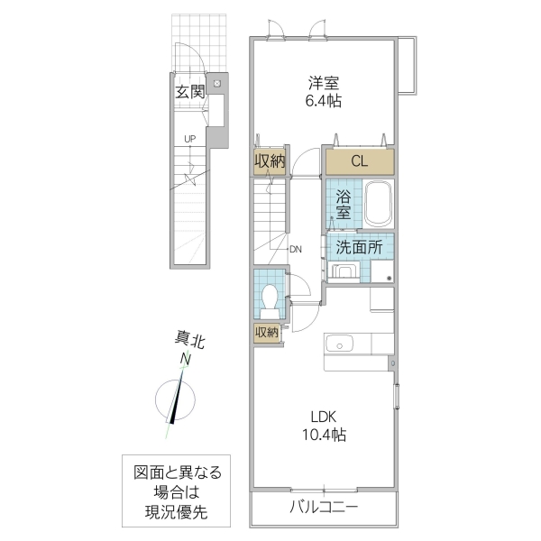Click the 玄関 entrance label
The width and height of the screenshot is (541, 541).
click(x=190, y=91)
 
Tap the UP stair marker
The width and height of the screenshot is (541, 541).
click(x=189, y=138)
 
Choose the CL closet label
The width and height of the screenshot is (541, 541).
click(x=359, y=162)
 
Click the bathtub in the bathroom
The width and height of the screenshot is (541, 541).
click(x=378, y=206)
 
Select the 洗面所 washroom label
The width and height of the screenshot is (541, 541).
click(x=359, y=246)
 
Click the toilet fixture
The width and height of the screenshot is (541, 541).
click(x=268, y=297)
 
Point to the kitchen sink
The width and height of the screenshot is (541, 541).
click(x=341, y=344)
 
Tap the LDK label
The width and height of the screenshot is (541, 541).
click(x=324, y=417)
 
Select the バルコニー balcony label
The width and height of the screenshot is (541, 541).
click(x=324, y=507)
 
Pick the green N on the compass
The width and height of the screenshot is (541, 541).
click(x=185, y=360)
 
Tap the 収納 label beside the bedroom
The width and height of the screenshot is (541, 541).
click(x=269, y=162)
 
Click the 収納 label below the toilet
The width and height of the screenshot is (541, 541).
click(x=267, y=332)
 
